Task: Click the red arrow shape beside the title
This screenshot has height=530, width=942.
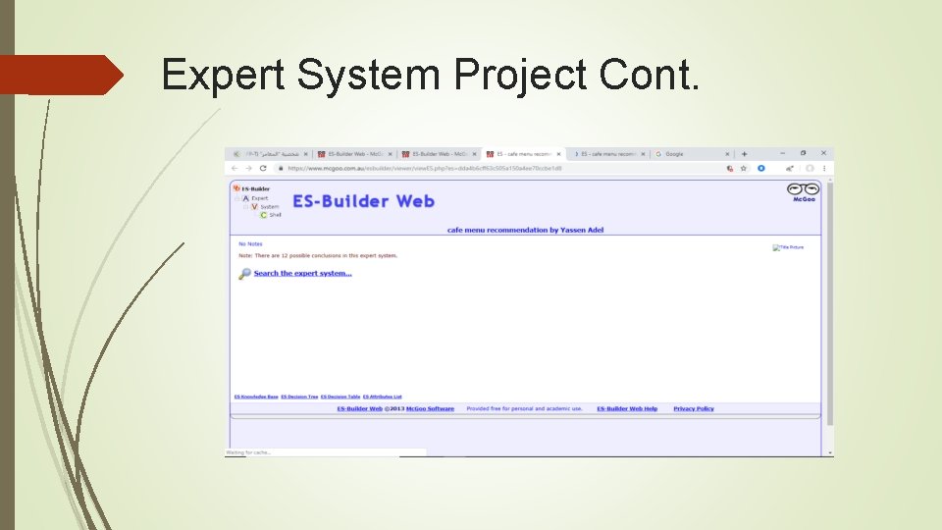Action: (61, 75)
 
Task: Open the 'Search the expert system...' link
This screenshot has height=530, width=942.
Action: (302, 273)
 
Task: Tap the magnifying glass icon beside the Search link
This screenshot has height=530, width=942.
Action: (244, 274)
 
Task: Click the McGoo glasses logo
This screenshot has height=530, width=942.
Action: (804, 190)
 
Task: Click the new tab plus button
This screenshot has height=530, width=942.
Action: (744, 154)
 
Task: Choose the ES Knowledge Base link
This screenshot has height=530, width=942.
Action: (255, 397)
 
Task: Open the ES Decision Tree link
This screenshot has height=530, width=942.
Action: (299, 397)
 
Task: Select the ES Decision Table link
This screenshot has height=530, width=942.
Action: (340, 397)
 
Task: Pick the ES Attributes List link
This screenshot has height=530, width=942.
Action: (383, 397)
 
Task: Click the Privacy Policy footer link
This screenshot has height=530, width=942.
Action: (694, 408)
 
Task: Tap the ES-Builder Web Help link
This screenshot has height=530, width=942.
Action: (627, 408)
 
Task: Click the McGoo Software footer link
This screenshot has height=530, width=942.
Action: (430, 408)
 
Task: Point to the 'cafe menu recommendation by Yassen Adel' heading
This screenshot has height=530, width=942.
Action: (525, 230)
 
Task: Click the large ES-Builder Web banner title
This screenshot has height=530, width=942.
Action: (363, 201)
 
